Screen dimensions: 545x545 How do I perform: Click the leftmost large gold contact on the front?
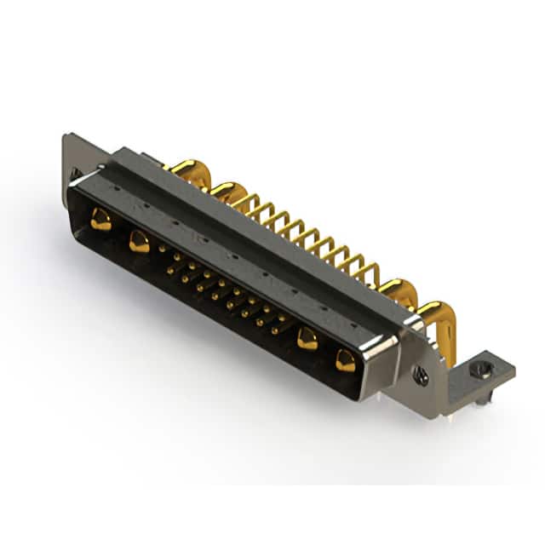pos(100,220)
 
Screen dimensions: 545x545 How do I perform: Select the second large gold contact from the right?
pos(307,340)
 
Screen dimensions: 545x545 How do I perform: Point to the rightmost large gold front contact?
pos(345,361)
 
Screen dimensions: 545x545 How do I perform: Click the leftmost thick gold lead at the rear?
pos(186,169)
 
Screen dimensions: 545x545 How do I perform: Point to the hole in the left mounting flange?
pos(75,174)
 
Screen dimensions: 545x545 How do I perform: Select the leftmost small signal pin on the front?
pos(162,249)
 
